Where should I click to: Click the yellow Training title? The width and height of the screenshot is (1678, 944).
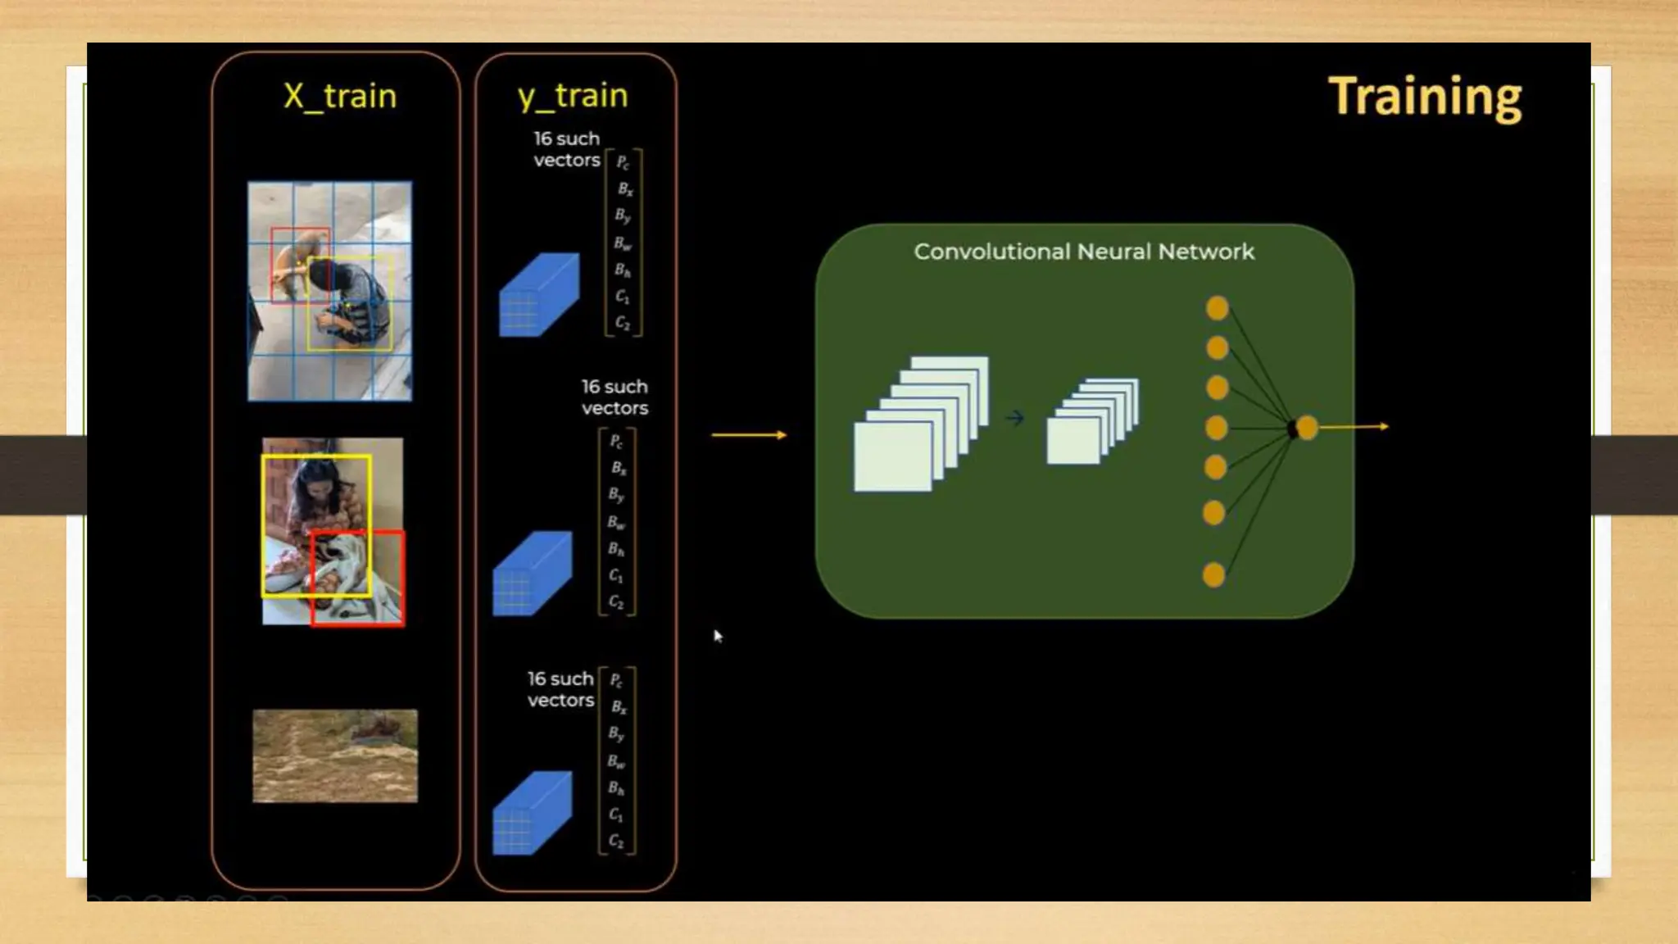[1424, 98]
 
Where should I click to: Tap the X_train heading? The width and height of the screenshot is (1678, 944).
[340, 97]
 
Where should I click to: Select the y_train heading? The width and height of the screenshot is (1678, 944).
[573, 96]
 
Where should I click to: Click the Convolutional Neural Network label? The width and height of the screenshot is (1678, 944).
[1083, 252]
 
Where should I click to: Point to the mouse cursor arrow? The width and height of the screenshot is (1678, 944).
[718, 636]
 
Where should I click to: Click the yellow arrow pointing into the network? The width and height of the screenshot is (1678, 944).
[749, 434]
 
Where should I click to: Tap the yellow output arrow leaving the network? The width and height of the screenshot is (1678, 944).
[1354, 427]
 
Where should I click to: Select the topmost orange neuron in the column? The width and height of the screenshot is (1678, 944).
[1218, 309]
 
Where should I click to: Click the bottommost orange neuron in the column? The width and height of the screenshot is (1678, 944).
[1213, 574]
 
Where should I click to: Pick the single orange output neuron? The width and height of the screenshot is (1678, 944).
[1308, 428]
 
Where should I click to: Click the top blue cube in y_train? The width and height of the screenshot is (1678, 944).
[538, 295]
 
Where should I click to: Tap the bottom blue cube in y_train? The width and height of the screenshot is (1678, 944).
[532, 813]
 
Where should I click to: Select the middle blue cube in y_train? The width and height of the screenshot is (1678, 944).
[532, 574]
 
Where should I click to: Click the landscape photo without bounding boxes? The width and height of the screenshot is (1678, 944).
[335, 756]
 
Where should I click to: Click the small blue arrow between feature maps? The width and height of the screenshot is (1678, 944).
[1015, 419]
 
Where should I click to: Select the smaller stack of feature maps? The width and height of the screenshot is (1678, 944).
[1091, 421]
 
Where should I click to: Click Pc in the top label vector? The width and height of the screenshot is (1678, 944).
[623, 162]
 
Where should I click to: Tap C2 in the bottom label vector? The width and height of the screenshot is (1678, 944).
[616, 842]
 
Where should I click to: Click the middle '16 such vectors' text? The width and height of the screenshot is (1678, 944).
[615, 397]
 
